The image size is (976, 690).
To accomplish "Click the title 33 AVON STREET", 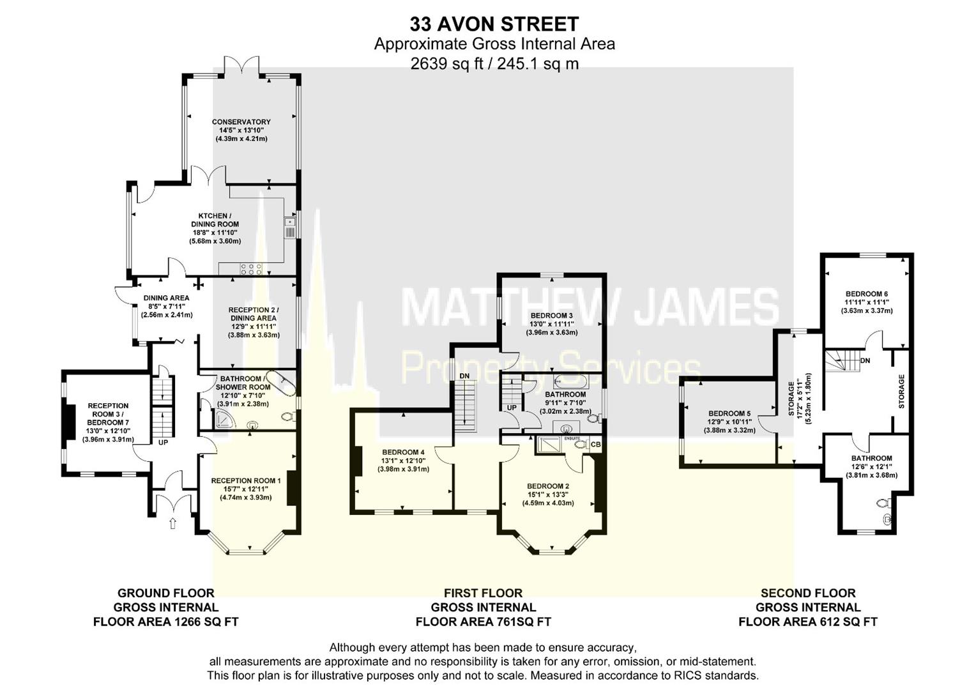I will pos(494,24).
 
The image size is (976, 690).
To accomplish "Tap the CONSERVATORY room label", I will pos(241,122).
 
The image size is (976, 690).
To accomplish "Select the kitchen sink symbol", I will pos(289,222).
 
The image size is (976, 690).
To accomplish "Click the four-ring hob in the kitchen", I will pos(251,269).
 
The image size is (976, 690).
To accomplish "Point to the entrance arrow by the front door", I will pos(172,524).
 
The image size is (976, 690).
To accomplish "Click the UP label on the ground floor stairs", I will pos(163,442).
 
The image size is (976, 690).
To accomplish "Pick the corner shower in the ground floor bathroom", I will pos(224,419).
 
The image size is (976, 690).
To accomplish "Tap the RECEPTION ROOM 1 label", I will pos(246,480).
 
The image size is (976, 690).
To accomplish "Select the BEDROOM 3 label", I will pos(552,316).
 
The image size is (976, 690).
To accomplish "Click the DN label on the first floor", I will pos(465,376).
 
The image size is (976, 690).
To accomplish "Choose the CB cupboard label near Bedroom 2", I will pos(595,444).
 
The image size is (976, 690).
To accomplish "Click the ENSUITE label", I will pos(572,438).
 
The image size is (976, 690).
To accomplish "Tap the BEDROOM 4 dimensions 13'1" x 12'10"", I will pos(404,461).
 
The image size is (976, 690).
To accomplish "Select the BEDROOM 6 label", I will pos(867,294).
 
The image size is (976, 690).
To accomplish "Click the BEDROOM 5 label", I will pos(729,413).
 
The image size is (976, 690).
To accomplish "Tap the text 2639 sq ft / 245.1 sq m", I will pos(494,63).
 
